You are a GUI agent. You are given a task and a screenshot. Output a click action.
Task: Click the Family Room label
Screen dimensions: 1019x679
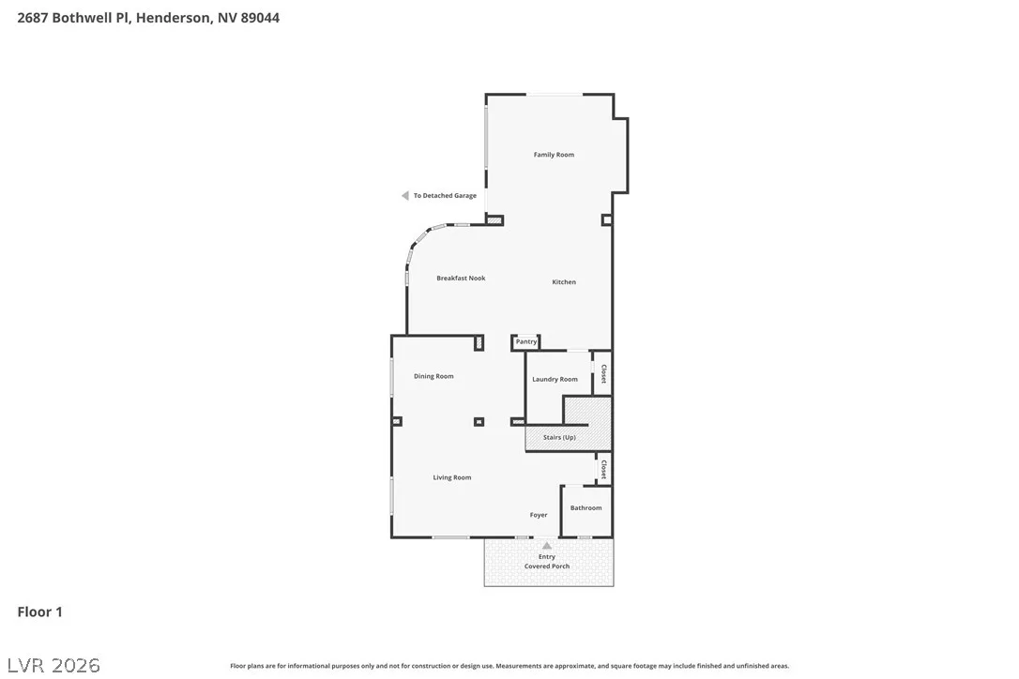coord(554,155)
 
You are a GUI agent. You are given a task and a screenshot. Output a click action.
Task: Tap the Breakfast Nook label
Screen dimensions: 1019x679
coord(461,279)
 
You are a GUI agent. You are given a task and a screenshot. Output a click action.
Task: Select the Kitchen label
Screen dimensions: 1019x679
coord(564,282)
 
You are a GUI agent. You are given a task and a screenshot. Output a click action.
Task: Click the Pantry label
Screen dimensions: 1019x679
coord(526,341)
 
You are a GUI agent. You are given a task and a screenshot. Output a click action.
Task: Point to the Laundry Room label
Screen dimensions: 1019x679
coord(555,380)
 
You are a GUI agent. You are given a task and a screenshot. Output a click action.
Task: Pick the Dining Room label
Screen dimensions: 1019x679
coord(433,376)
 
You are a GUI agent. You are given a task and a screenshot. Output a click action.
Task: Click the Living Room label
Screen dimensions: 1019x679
coord(452,477)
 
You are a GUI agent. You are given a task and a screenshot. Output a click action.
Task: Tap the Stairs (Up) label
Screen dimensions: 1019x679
coord(559,437)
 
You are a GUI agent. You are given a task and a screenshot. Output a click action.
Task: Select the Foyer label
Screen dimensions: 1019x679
coord(538,515)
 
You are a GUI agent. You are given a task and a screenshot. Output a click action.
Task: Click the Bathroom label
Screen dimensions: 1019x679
coord(586,508)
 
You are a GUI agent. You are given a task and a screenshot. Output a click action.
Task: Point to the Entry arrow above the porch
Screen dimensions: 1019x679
coord(547,546)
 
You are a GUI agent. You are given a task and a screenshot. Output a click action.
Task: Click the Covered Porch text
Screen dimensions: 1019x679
coord(547,566)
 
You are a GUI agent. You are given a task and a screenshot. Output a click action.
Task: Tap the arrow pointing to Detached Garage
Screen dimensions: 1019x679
coord(404,196)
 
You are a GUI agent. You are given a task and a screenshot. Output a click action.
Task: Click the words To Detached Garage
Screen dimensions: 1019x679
coord(445,196)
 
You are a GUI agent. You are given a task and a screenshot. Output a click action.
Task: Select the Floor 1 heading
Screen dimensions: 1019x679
coord(39,612)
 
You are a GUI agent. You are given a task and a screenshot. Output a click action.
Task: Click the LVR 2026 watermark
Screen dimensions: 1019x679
coord(53,665)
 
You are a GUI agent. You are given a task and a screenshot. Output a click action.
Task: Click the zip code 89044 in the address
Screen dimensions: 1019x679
coord(260,18)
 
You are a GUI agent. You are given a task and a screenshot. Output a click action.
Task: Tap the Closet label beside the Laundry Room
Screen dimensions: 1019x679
coord(603,373)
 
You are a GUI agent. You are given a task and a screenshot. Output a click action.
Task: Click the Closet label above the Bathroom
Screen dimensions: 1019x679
coord(603,469)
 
